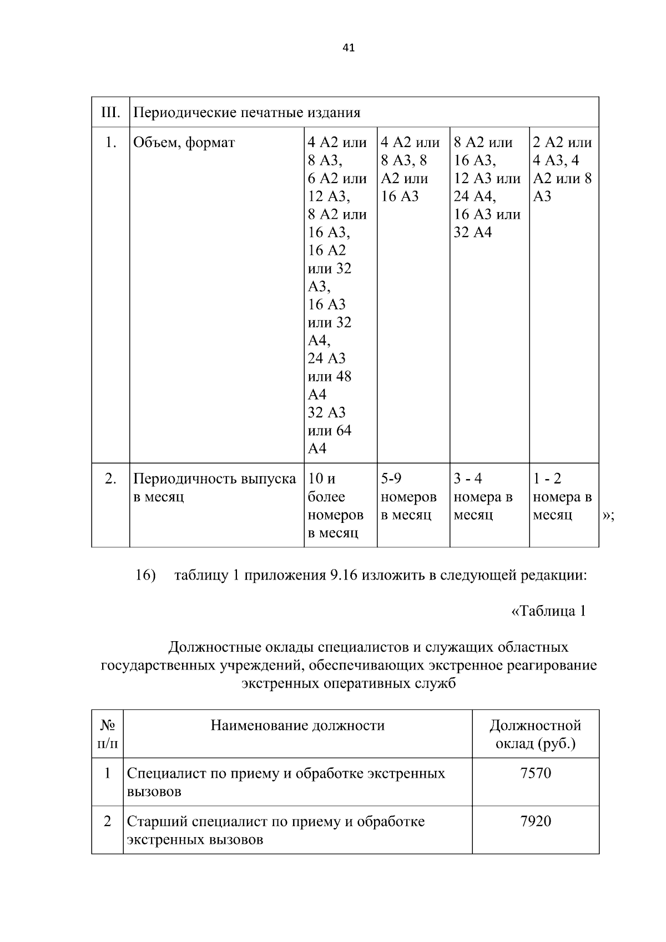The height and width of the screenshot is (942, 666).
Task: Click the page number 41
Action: tap(349, 48)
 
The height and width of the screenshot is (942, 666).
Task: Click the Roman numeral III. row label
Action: tap(110, 113)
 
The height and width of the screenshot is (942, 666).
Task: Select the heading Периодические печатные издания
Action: tap(247, 113)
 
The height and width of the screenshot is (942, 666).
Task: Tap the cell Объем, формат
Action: tap(184, 143)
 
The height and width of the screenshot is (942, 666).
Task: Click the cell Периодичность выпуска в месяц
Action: tap(215, 487)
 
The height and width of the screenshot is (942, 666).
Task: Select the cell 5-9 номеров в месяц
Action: tap(408, 497)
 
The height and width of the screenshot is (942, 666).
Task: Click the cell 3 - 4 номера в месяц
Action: tap(483, 497)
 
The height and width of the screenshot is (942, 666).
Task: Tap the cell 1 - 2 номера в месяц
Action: tap(562, 497)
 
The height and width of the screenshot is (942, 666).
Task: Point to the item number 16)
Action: tap(145, 575)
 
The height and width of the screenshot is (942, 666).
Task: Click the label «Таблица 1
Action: tap(548, 611)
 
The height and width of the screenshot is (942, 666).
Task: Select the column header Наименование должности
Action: tap(297, 726)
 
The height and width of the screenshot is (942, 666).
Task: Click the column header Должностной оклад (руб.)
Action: tap(535, 734)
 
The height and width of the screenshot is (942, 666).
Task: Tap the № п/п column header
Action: tap(108, 734)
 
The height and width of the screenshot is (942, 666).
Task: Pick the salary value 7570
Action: tap(536, 773)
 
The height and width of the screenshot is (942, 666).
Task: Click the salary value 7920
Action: tap(536, 821)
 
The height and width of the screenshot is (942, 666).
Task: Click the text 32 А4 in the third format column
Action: tap(472, 232)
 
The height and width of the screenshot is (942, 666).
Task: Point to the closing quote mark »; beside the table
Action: tap(608, 516)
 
